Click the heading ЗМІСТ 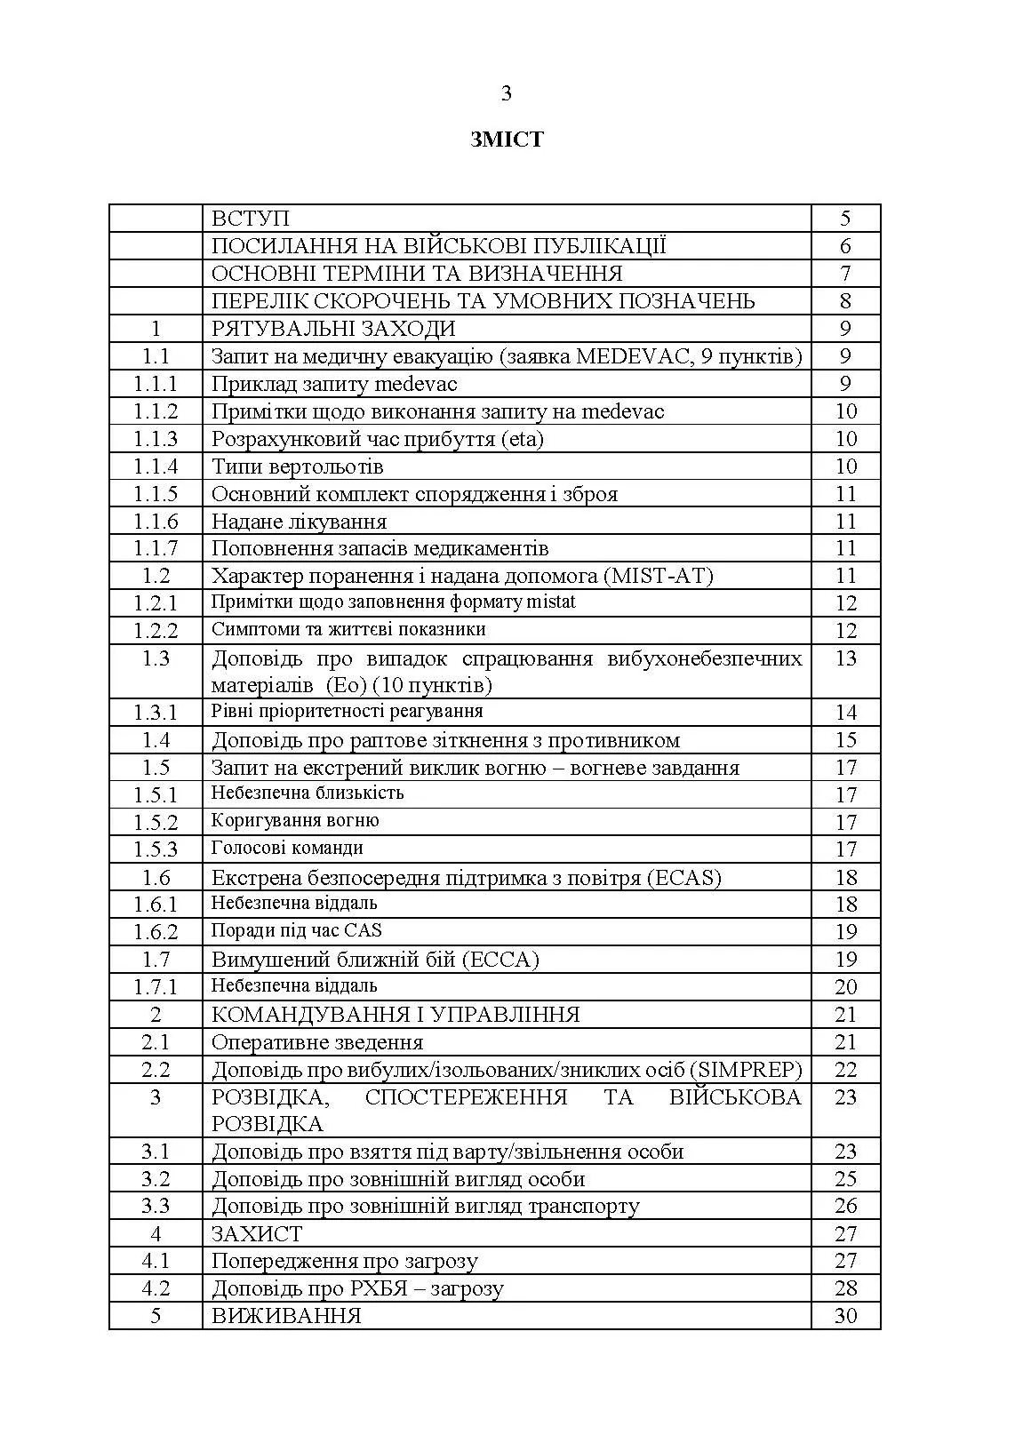pos(507,140)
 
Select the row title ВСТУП pos(251,219)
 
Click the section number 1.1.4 pos(156,466)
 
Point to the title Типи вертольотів pos(298,466)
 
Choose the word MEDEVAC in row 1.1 pos(633,356)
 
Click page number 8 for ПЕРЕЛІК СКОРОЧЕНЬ pos(845,301)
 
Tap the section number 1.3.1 pos(156,713)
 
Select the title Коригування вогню pos(295,820)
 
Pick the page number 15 pos(845,740)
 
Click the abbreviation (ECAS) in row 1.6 pos(684,878)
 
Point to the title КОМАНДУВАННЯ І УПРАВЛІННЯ pos(396,1015)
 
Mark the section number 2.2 pos(156,1070)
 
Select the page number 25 pos(845,1179)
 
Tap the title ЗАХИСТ pos(257,1234)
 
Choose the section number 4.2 pos(156,1288)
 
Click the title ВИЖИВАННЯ pos(286,1316)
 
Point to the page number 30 pos(845,1316)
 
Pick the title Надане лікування pos(300,522)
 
